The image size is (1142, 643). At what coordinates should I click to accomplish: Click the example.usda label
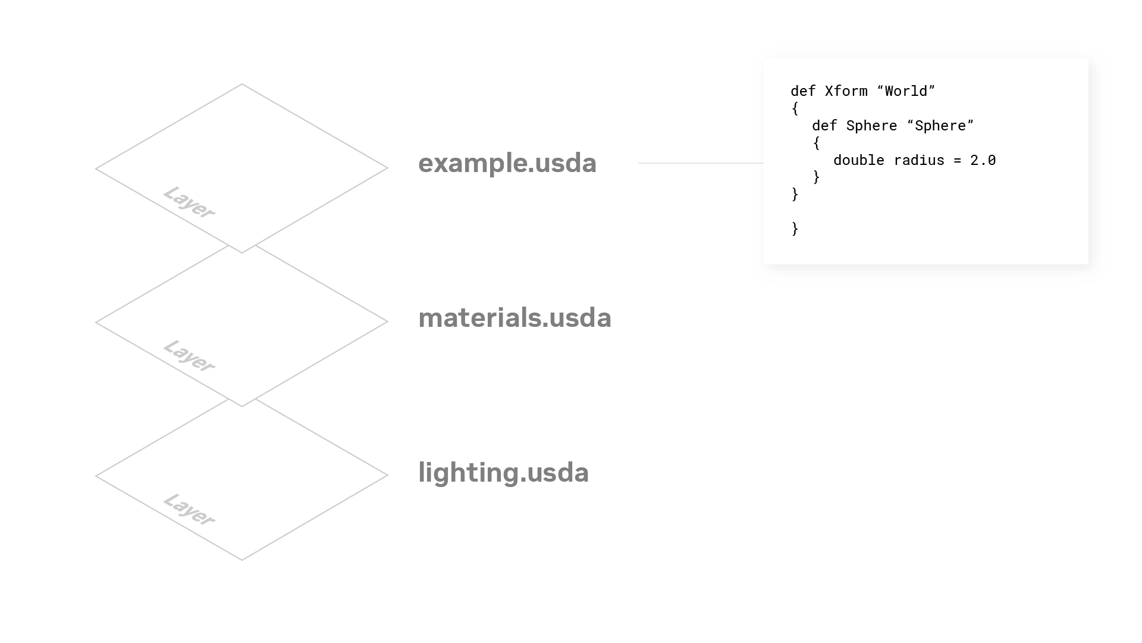click(507, 163)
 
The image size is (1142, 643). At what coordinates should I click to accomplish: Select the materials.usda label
click(514, 318)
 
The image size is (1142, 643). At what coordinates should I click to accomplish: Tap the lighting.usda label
click(503, 473)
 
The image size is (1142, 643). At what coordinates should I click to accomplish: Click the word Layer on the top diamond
click(189, 202)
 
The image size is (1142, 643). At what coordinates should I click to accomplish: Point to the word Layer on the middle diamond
click(189, 356)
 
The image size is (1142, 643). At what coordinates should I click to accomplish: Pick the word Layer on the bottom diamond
click(189, 510)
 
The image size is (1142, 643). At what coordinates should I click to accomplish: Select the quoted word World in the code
click(906, 91)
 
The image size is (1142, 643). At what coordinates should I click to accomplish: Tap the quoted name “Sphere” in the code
click(940, 126)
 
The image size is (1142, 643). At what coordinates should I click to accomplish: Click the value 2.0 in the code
click(983, 160)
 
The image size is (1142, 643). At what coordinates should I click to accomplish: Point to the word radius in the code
click(919, 160)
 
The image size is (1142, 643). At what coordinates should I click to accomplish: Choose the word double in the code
click(859, 160)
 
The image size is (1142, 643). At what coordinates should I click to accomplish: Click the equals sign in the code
click(958, 160)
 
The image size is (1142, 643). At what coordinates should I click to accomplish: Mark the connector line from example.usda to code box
click(700, 163)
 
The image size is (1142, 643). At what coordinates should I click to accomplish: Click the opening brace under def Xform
click(795, 108)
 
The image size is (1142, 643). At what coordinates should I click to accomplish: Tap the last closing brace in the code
click(795, 229)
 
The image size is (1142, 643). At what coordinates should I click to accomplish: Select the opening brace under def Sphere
click(816, 143)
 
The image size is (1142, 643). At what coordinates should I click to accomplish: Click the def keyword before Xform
click(803, 91)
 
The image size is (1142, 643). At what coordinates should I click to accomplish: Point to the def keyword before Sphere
click(824, 126)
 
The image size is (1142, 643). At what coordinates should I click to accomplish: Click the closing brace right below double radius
click(816, 177)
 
